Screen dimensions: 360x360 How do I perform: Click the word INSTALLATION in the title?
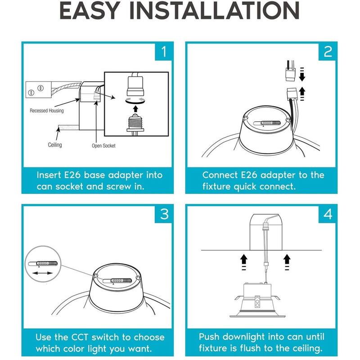215,10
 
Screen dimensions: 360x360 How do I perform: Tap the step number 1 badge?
164,52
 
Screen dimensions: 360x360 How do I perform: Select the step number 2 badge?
328,52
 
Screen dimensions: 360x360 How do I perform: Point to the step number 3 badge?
164,215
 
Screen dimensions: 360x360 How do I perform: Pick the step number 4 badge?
328,215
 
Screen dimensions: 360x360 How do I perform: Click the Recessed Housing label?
47,111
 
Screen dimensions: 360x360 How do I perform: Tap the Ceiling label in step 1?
55,145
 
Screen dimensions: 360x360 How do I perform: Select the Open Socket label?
103,145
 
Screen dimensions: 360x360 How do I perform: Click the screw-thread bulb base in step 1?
135,123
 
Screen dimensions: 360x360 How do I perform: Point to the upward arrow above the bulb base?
136,108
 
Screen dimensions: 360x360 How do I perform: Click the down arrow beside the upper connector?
302,74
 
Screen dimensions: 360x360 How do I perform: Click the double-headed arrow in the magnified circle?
42,273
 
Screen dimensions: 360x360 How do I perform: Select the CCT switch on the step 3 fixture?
117,281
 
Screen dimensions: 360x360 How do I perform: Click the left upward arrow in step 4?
243,262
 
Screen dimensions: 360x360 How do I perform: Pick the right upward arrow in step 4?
287,262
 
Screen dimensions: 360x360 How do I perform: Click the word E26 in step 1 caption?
72,175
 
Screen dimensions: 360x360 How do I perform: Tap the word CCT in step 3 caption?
80,337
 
